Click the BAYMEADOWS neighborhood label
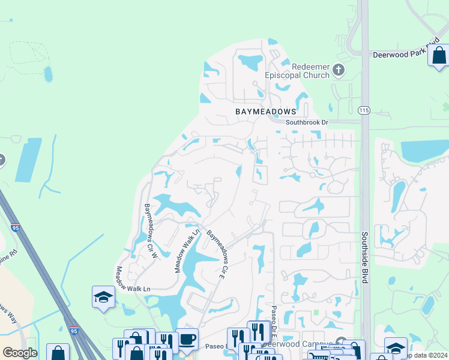click(x=266, y=112)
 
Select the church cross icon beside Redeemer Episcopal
click(x=339, y=70)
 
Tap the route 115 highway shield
click(x=363, y=110)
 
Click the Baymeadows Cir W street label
click(x=151, y=231)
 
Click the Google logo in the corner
click(x=20, y=353)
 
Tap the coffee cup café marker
click(x=187, y=339)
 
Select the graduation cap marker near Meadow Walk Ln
click(x=103, y=297)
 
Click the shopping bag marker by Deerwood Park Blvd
click(x=439, y=55)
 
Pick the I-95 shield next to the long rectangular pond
click(x=16, y=227)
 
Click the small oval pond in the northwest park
click(x=47, y=74)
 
